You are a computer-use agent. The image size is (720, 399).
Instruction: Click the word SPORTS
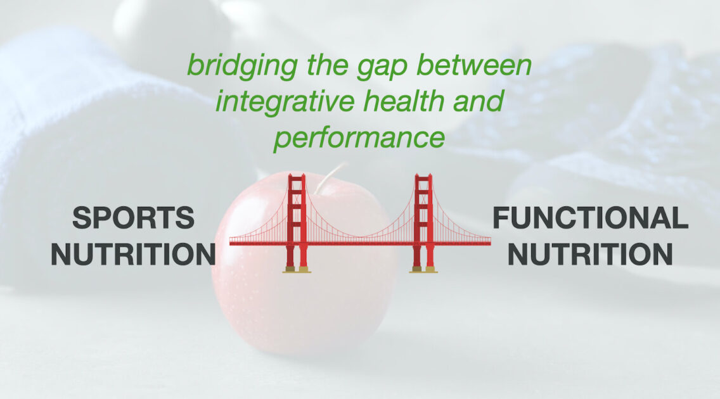(x=133, y=217)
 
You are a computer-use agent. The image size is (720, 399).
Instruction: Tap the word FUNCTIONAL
(x=590, y=217)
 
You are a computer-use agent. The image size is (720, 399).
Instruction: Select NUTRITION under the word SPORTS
(x=133, y=254)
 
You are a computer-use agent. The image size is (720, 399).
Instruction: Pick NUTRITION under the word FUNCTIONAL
(x=590, y=254)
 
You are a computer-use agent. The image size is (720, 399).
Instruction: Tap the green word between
(x=474, y=65)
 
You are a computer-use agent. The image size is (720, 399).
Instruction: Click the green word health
(x=404, y=101)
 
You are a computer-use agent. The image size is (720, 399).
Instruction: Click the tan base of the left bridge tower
(x=297, y=270)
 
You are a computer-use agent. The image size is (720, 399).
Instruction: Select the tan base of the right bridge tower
(x=423, y=270)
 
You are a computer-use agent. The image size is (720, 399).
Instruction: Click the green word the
(x=326, y=65)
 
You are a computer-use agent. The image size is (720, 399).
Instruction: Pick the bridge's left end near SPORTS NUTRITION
(x=231, y=243)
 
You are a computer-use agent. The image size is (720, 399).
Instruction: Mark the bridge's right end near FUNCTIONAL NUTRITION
(x=489, y=243)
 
